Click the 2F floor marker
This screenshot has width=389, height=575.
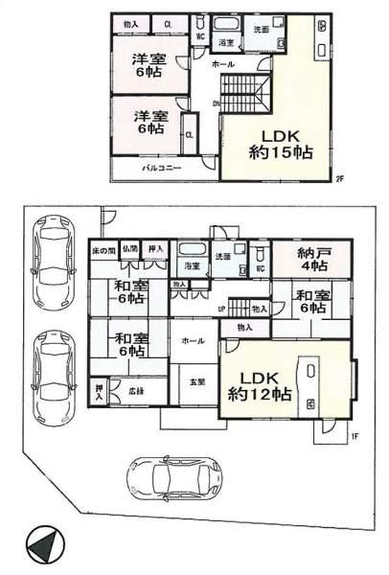click(339, 178)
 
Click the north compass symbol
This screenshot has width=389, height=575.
click(43, 546)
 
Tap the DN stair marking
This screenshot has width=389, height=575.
click(217, 103)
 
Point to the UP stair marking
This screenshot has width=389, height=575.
click(221, 309)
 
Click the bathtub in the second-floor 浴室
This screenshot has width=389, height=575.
click(226, 26)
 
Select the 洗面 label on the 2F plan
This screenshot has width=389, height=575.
click(261, 30)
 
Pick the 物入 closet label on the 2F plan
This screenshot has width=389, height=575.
click(131, 23)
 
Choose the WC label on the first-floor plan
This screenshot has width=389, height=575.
click(260, 269)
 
